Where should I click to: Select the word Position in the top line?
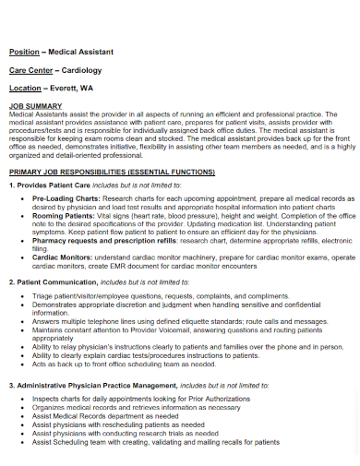pyautogui.click(x=24, y=52)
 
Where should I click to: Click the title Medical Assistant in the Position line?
pyautogui.click(x=78, y=52)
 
